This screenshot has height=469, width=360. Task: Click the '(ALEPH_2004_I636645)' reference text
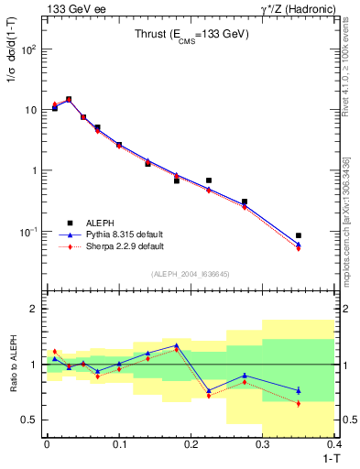pyautogui.click(x=191, y=274)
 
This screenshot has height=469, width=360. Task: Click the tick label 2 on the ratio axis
pyautogui.click(x=35, y=309)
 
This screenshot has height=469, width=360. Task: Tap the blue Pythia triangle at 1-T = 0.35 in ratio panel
pyautogui.click(x=299, y=390)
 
